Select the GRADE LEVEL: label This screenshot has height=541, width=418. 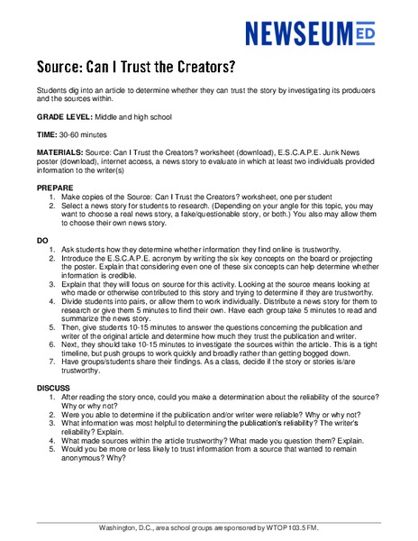tap(65, 117)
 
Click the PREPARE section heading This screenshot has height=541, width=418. tap(56, 188)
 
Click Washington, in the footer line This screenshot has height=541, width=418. tap(121, 527)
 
